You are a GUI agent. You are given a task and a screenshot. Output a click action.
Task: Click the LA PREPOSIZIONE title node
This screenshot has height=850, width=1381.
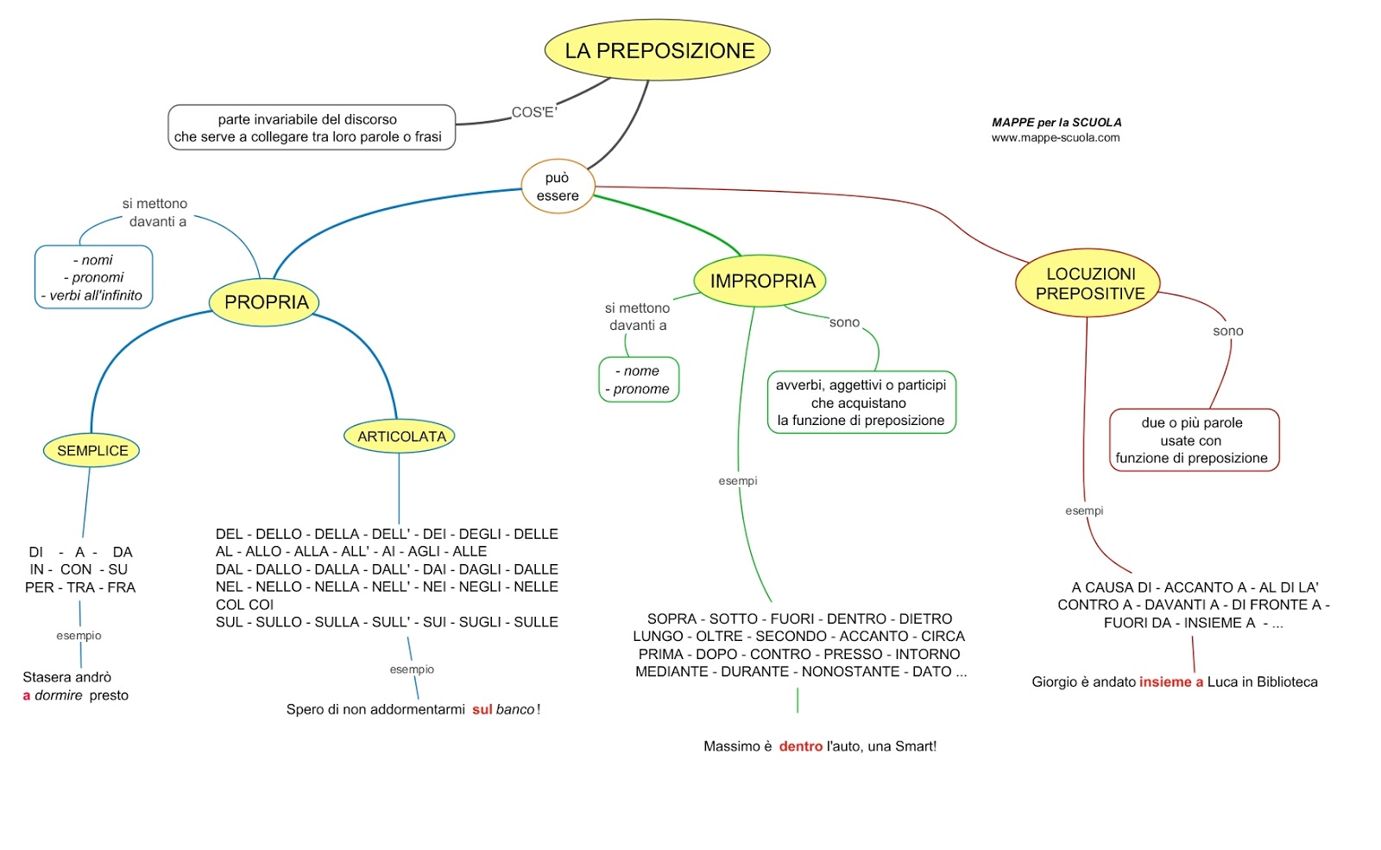pos(658,51)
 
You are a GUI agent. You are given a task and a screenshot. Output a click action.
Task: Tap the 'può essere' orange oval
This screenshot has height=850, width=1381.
pos(558,187)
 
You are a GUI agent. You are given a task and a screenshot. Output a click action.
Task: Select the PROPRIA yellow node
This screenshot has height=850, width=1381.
pos(266,302)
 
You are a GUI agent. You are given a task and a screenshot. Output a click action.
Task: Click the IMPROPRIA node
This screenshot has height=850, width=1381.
pos(761,281)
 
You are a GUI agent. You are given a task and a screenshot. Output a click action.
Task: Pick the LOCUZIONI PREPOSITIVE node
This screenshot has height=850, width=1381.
pos(1089,283)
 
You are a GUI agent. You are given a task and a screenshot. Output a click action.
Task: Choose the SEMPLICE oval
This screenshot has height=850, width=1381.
pos(91,450)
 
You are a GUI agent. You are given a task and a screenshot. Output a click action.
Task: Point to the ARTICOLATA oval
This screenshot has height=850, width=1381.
pos(400,436)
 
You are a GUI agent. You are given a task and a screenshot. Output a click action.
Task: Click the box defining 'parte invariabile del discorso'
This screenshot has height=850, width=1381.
pos(311,128)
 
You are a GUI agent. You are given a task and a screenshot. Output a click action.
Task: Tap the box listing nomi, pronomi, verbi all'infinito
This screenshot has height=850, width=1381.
pos(94,277)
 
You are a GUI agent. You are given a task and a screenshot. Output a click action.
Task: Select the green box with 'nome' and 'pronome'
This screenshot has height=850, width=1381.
pos(639,380)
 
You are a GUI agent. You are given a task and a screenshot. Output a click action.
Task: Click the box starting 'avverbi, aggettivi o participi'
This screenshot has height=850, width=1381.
pos(861,403)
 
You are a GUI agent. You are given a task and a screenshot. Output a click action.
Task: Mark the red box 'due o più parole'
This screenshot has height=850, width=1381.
pos(1192,441)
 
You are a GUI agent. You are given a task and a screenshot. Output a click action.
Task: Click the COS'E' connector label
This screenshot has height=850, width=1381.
pos(534,112)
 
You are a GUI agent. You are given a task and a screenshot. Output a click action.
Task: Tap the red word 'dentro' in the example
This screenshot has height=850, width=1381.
pos(800,746)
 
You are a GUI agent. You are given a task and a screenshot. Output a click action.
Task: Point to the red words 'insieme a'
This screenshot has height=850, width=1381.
pos(1170,682)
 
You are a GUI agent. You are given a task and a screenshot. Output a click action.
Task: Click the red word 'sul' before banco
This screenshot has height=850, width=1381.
pos(482,709)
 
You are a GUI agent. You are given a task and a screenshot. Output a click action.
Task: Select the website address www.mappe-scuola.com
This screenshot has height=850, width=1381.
pos(1055,137)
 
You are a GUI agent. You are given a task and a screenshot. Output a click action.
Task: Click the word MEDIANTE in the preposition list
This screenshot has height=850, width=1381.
pos(672,671)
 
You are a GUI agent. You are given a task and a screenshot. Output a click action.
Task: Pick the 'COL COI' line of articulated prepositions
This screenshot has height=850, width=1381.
pos(244,605)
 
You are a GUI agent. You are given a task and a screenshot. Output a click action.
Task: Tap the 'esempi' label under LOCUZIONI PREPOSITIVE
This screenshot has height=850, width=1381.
pos(1083,511)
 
